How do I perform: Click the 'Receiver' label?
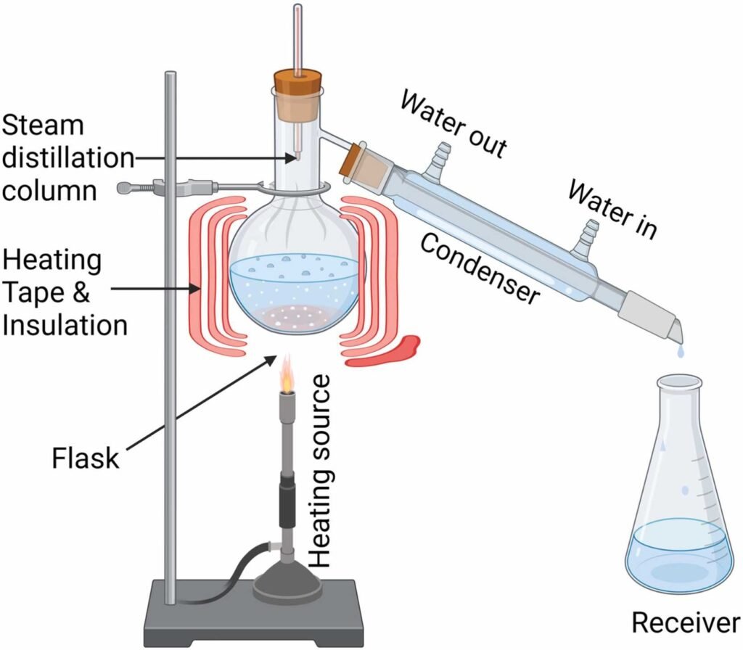click(686, 622)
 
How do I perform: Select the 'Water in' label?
click(612, 210)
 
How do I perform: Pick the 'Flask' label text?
click(86, 458)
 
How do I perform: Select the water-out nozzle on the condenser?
click(438, 155)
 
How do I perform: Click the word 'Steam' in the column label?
click(44, 125)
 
